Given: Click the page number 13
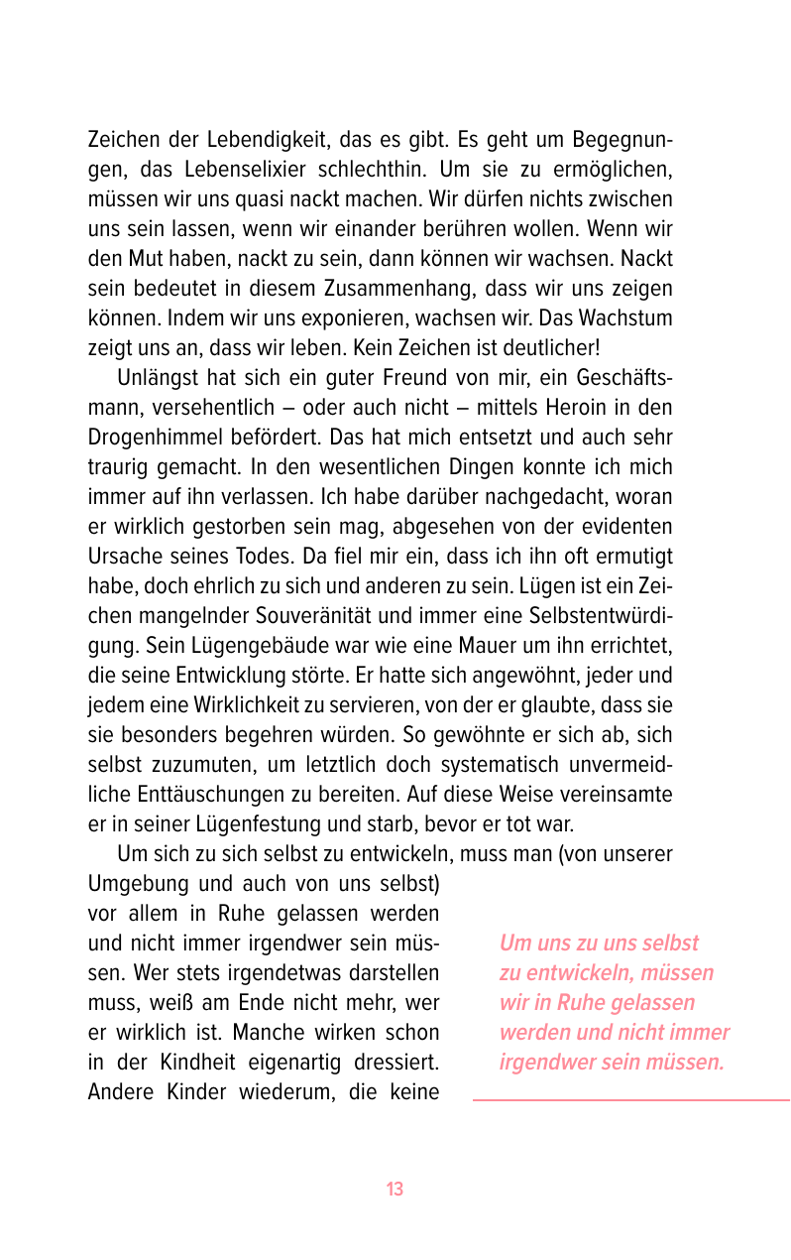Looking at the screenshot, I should (x=395, y=1190).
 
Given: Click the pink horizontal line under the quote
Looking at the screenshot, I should (x=630, y=1099).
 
